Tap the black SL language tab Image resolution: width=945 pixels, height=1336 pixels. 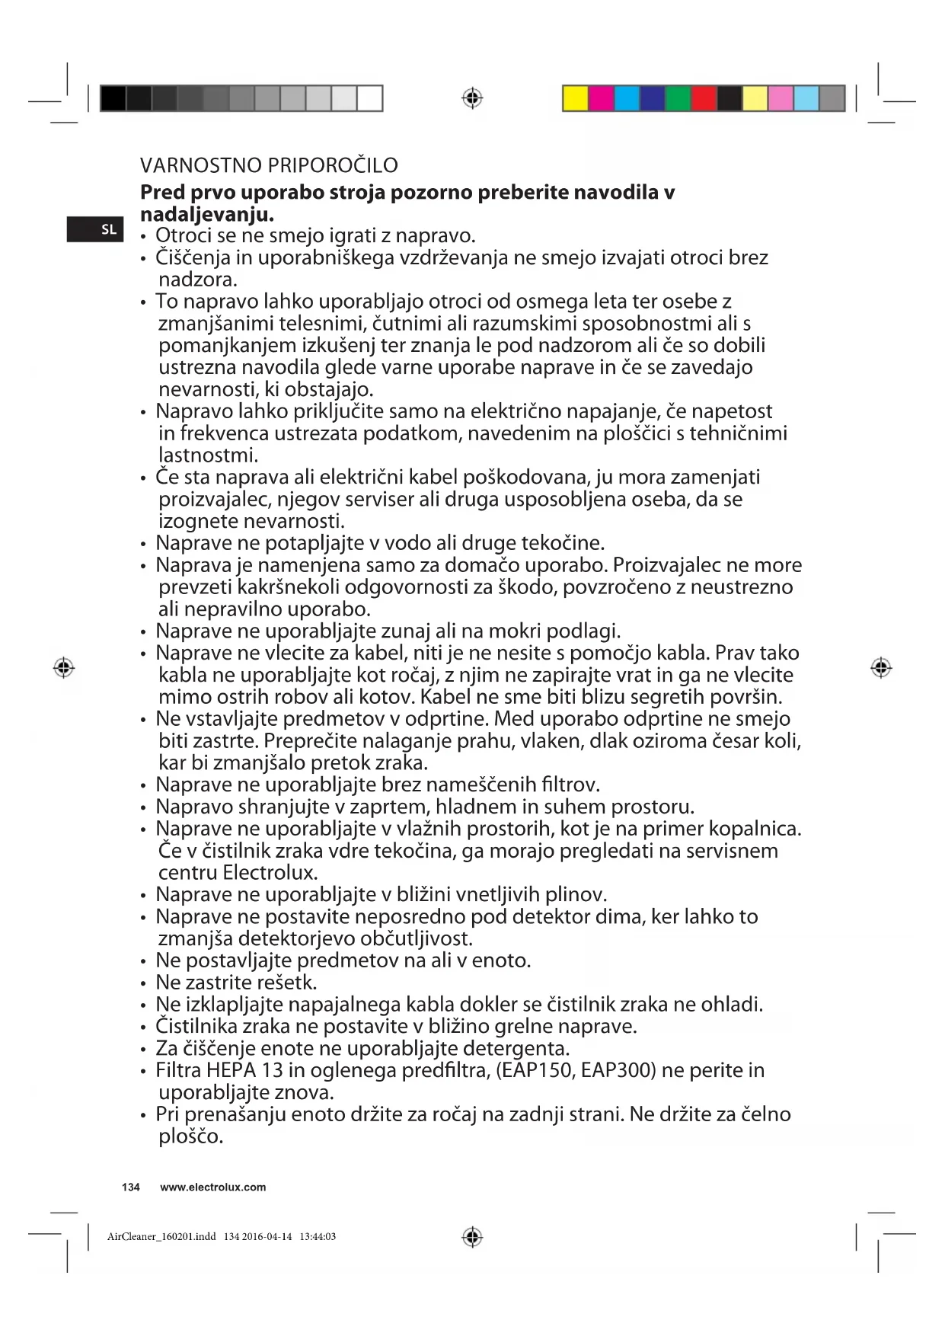click(x=94, y=229)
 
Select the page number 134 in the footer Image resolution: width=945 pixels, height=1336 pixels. click(x=131, y=1187)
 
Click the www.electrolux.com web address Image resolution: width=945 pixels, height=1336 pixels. click(x=213, y=1187)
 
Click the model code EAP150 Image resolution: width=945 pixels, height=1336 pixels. click(x=534, y=1070)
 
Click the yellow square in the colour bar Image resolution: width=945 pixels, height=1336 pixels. click(x=575, y=99)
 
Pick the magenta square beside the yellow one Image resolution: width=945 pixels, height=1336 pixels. click(x=601, y=99)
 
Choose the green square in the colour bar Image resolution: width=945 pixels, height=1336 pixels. click(x=678, y=99)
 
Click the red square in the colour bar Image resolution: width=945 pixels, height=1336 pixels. click(x=704, y=99)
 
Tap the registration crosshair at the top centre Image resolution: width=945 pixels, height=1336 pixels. click(x=472, y=98)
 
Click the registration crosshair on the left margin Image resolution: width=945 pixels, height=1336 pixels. click(x=64, y=668)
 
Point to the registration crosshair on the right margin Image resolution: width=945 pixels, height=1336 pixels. click(x=881, y=668)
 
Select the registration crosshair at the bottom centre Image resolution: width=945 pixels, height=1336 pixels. click(x=472, y=1237)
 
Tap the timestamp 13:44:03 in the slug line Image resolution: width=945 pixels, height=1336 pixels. click(x=318, y=1237)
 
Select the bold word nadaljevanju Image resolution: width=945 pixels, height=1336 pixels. click(x=206, y=214)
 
